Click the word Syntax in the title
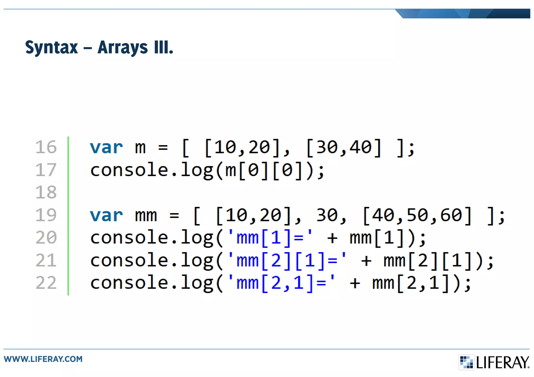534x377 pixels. [x=51, y=48]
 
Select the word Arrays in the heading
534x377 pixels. [x=123, y=48]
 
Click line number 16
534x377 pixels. [x=46, y=147]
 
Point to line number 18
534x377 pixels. [x=46, y=192]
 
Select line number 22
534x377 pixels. [x=46, y=283]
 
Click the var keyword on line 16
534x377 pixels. [x=106, y=147]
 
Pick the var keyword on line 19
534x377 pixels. [x=106, y=215]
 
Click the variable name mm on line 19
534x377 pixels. [x=146, y=215]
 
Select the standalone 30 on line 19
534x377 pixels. [x=327, y=215]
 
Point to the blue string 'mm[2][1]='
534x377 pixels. [x=287, y=261]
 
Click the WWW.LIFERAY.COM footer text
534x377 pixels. [x=43, y=359]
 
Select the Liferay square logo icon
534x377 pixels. [x=466, y=362]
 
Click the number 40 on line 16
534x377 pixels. [x=361, y=147]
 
